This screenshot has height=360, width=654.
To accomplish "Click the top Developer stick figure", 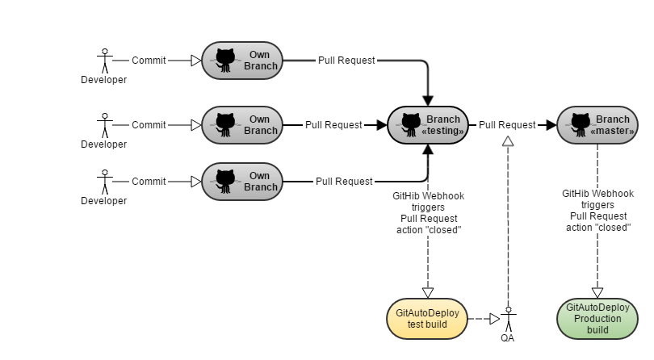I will [103, 61].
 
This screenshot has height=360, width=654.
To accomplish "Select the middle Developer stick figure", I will [103, 125].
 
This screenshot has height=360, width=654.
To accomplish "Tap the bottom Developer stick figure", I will [103, 182].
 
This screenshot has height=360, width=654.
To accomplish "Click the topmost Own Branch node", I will [242, 61].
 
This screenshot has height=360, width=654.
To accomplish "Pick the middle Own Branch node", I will [242, 125].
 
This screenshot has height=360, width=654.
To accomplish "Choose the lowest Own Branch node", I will [242, 182].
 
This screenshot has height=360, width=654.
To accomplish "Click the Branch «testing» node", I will [428, 125].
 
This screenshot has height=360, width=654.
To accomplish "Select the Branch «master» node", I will [597, 125].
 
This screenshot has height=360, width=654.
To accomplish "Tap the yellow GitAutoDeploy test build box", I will [427, 318].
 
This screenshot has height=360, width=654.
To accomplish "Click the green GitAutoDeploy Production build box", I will [597, 318].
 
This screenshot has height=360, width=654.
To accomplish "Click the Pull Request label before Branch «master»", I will [507, 125].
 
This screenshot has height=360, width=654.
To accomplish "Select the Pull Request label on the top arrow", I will [346, 61].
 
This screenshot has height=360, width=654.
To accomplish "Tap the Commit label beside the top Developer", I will [149, 61].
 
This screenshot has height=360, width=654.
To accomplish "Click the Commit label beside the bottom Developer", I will [149, 182].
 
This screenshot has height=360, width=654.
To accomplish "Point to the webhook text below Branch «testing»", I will [429, 211].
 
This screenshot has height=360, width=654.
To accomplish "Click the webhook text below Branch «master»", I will [598, 210].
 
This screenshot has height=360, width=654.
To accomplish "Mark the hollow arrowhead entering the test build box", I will [428, 292].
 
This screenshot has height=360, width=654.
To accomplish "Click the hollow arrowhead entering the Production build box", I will [598, 292].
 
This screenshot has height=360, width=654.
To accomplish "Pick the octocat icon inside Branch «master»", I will [579, 124].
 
